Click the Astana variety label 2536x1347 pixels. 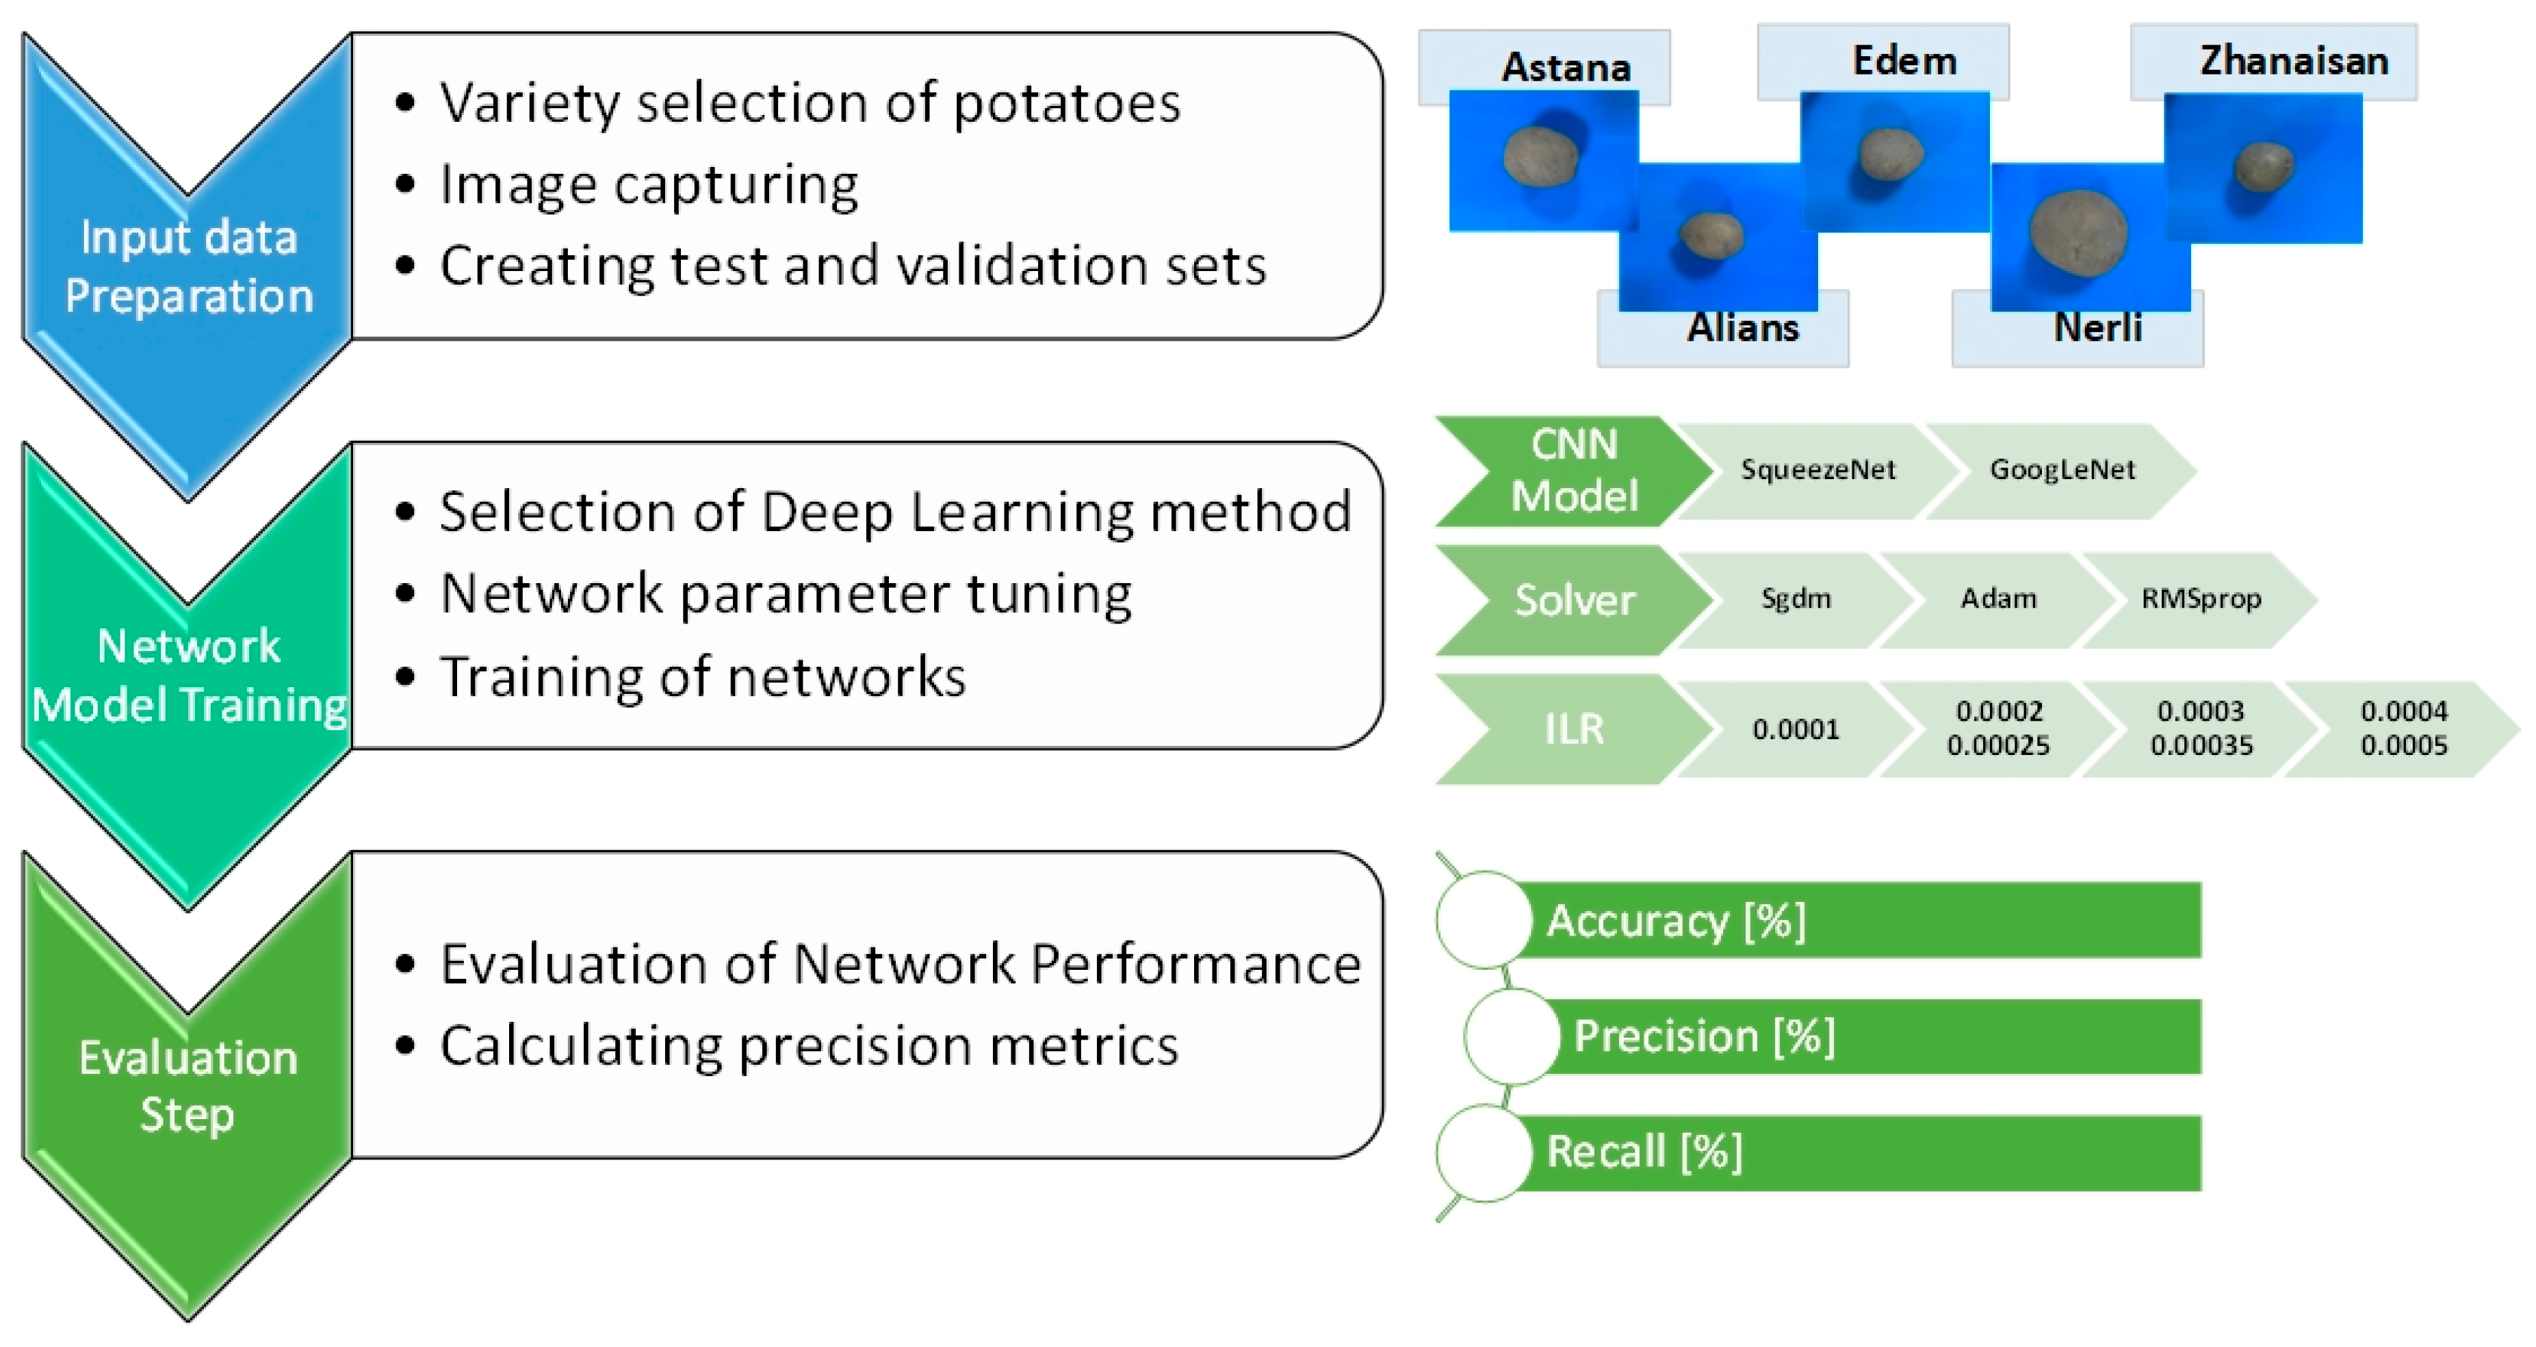click(x=1565, y=67)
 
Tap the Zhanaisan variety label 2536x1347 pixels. click(x=2294, y=61)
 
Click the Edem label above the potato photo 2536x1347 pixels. click(x=1904, y=61)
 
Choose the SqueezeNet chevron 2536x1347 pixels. click(x=1817, y=470)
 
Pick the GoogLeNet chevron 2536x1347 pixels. click(x=2062, y=470)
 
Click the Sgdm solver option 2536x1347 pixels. click(x=1796, y=599)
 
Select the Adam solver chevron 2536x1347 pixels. click(x=1997, y=599)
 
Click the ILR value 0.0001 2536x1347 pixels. click(x=1796, y=730)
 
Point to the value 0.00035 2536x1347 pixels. click(x=2201, y=745)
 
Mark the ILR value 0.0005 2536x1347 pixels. click(x=2403, y=745)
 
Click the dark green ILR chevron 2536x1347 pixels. click(x=1573, y=730)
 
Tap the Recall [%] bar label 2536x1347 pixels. click(x=1644, y=1151)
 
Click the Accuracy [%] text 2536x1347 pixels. click(x=1676, y=921)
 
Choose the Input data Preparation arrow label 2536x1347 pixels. click(x=188, y=266)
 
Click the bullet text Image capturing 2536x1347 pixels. click(x=649, y=184)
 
